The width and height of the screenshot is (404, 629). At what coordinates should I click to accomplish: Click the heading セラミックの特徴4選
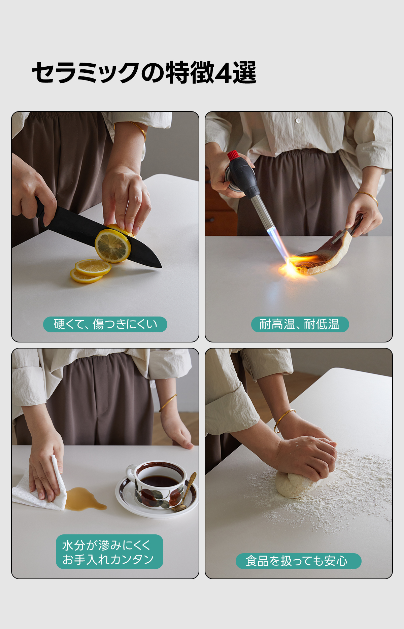(144, 72)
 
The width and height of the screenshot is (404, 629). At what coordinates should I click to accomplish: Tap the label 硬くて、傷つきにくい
(105, 324)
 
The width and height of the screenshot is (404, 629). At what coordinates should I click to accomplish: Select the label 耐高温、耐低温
(300, 324)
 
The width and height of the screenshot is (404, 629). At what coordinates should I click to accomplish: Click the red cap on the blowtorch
(233, 156)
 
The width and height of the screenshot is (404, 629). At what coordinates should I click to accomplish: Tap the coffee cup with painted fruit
(158, 484)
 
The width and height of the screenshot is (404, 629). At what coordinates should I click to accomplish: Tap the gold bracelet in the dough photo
(283, 420)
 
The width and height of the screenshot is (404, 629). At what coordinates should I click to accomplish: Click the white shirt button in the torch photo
(298, 120)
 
